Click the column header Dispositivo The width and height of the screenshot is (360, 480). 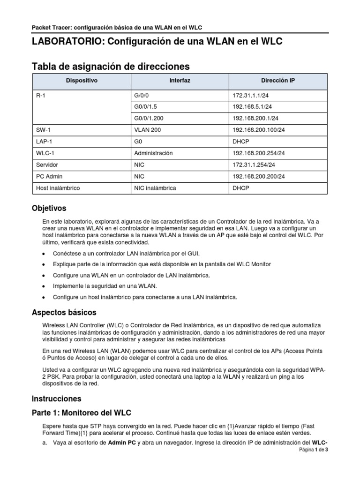(x=82, y=81)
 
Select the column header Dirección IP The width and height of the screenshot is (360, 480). (x=278, y=81)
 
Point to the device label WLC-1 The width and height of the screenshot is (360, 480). (x=45, y=153)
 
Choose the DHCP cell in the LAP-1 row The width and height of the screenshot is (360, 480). (x=241, y=142)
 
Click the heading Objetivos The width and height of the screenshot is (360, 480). (x=49, y=208)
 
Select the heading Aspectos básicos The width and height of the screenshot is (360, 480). (x=64, y=312)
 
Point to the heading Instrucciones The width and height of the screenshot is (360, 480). (x=56, y=399)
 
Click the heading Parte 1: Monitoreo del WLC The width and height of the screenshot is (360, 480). (x=81, y=413)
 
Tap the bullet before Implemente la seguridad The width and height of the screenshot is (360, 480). (x=44, y=286)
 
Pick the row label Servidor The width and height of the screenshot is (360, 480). (x=47, y=165)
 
